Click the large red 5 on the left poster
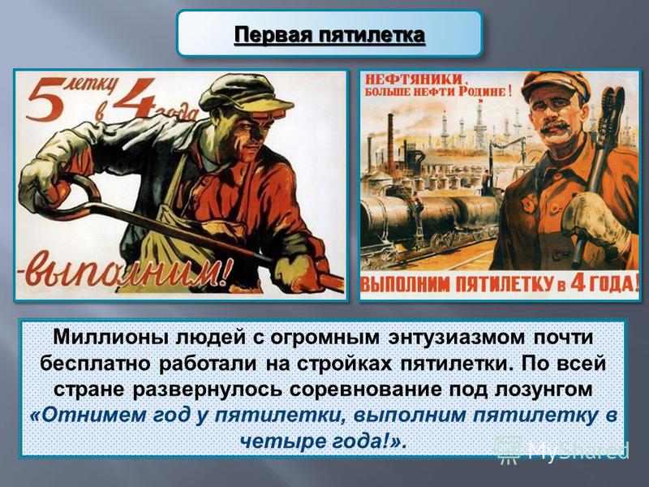[x=45, y=102]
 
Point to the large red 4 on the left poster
[x=132, y=98]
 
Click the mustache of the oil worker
[x=556, y=126]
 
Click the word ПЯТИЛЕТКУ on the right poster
[x=504, y=285]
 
